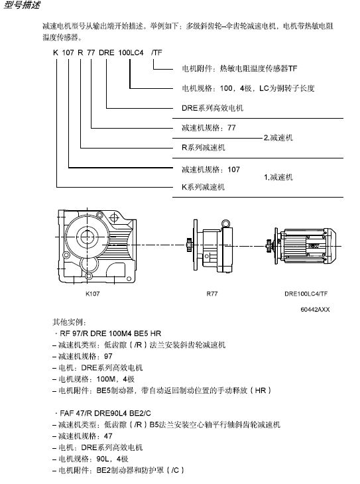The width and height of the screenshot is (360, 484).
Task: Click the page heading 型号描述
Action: [22, 5]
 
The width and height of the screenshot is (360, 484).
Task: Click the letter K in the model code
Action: [56, 52]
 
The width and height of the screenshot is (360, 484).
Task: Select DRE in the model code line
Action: [107, 52]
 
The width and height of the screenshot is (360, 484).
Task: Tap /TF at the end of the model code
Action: [156, 52]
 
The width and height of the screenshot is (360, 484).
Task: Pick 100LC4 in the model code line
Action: [131, 52]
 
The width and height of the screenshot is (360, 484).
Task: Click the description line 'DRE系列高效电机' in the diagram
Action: [212, 108]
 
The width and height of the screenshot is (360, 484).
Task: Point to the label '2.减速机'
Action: [278, 138]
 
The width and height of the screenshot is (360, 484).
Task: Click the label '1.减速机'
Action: [278, 177]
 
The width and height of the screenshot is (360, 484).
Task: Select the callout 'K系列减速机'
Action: [203, 187]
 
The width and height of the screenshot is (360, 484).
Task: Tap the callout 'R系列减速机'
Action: [203, 148]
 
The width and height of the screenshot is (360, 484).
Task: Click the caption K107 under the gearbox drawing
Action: [93, 294]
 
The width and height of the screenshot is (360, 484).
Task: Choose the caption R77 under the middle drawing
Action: [212, 294]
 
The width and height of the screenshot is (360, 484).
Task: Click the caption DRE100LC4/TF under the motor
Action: [306, 294]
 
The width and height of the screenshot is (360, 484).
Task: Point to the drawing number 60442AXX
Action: [315, 309]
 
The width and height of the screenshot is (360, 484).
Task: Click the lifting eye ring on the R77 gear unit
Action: [225, 223]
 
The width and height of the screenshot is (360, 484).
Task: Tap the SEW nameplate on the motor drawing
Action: [314, 246]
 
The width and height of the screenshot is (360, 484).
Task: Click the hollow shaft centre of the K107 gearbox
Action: [87, 237]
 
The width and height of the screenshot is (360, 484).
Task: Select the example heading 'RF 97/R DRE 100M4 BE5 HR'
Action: [111, 333]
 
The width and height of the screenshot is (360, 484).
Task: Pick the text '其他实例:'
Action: [70, 322]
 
